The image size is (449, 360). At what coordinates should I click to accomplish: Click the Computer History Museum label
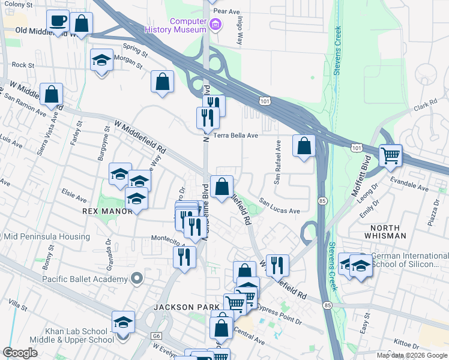[x=188, y=25]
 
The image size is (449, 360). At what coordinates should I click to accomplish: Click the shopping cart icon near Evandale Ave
[x=391, y=156]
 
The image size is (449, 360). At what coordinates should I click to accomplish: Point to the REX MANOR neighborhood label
[x=102, y=211]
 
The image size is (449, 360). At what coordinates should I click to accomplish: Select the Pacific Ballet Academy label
[x=85, y=279]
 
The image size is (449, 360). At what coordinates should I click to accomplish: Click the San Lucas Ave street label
[x=279, y=208]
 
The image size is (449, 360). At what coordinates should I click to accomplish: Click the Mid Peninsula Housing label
[x=47, y=237]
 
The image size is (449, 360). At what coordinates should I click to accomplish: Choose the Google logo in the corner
[x=20, y=353]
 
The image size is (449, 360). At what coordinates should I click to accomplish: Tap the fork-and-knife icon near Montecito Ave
[x=184, y=257]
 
